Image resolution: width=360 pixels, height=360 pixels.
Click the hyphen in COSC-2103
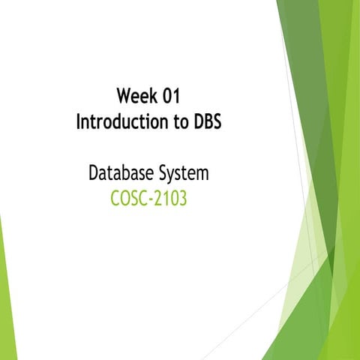(x=149, y=201)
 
